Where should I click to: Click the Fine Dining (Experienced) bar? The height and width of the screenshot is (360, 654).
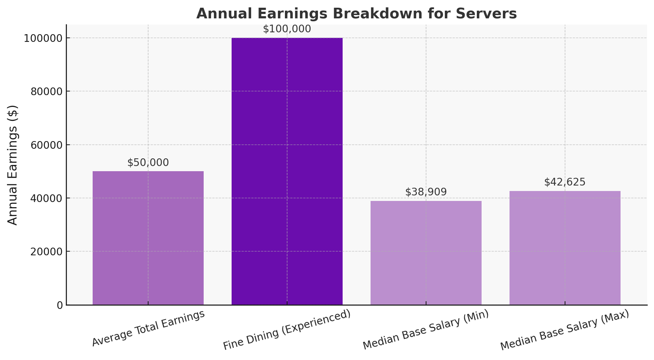click(x=287, y=171)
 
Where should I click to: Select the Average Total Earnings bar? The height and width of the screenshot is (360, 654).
click(x=148, y=238)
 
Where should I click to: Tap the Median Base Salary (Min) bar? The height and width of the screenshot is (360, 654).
click(x=426, y=253)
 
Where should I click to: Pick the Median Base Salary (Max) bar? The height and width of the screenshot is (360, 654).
click(x=565, y=248)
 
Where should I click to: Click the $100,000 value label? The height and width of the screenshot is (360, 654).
click(x=287, y=29)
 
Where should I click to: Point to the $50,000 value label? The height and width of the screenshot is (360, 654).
click(x=148, y=163)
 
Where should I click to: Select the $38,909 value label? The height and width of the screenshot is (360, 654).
click(x=426, y=192)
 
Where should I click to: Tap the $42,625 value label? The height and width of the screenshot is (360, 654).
click(x=565, y=182)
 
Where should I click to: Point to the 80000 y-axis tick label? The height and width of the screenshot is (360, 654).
click(x=46, y=91)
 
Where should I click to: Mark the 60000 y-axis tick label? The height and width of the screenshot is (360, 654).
click(x=46, y=145)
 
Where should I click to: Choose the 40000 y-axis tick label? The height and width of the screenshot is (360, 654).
click(x=46, y=198)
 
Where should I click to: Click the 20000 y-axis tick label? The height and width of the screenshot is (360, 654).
click(x=46, y=252)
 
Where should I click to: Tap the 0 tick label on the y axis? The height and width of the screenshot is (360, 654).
click(x=60, y=305)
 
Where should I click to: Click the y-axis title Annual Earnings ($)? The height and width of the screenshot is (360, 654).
click(x=13, y=165)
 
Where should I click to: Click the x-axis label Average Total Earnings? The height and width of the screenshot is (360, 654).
click(x=148, y=328)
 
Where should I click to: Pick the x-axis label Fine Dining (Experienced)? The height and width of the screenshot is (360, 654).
click(x=287, y=330)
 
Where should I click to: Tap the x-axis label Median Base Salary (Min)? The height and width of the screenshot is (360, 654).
click(x=426, y=330)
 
